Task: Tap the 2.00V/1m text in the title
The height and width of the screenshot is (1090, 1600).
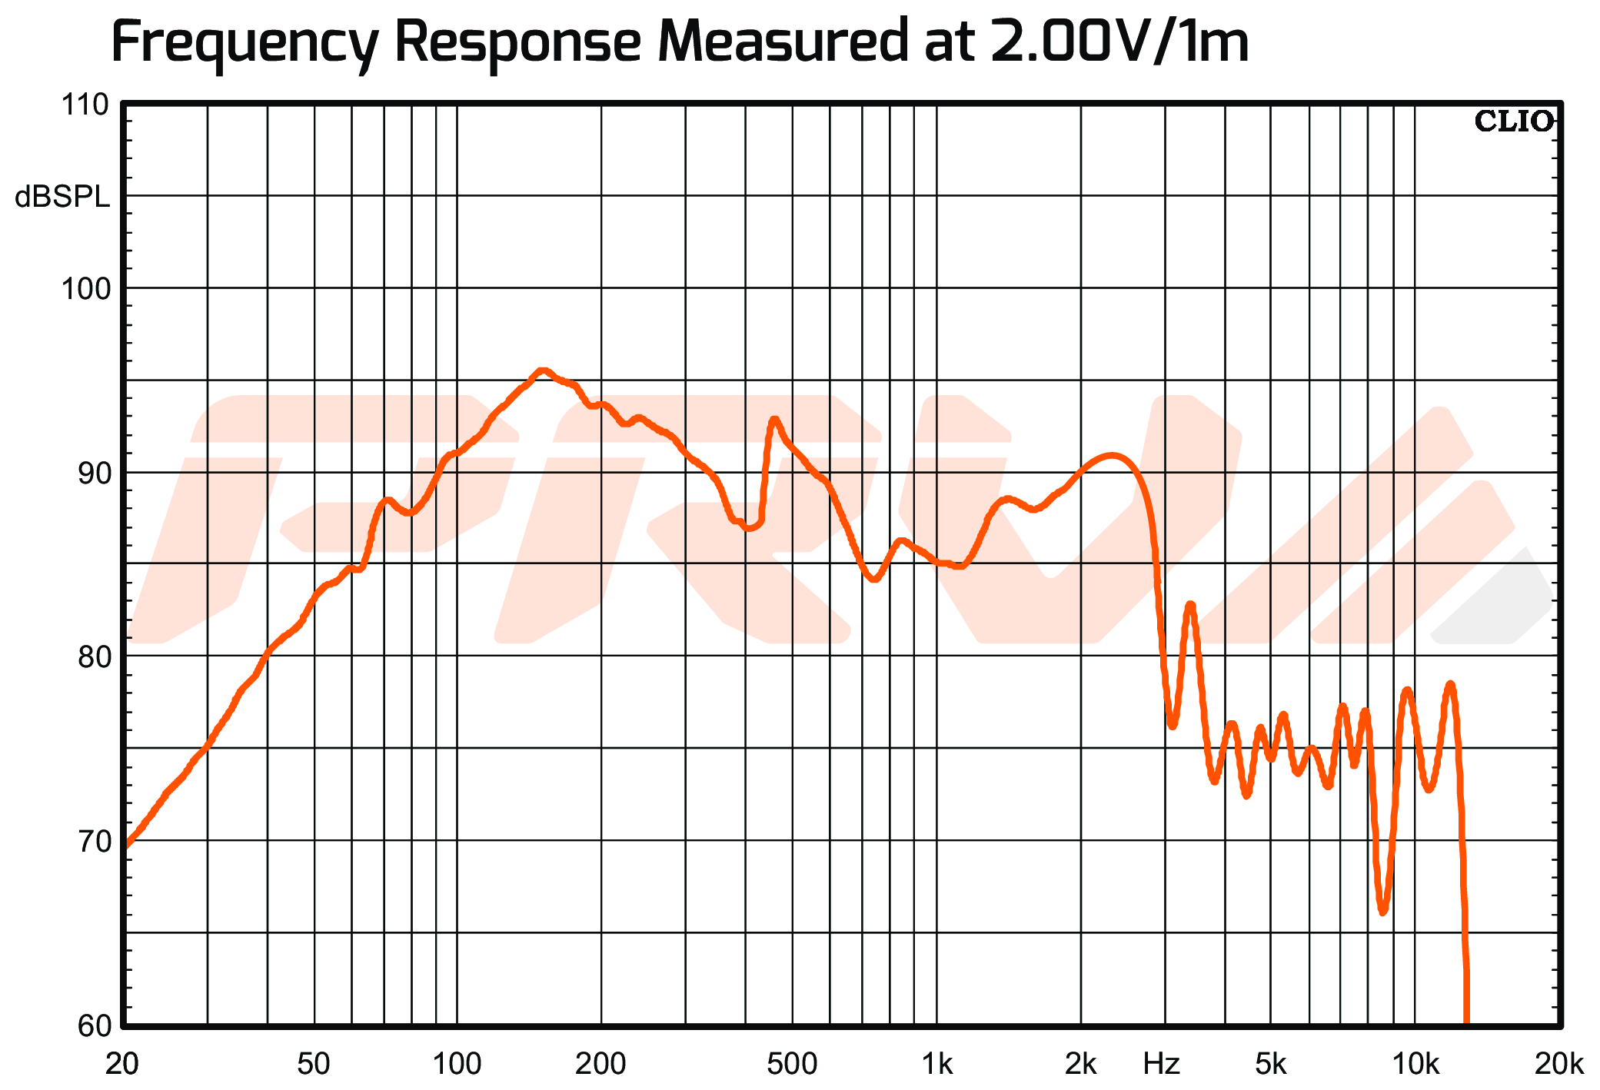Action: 1119,42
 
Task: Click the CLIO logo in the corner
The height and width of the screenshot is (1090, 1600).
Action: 1513,121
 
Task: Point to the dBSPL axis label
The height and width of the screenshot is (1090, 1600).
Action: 62,198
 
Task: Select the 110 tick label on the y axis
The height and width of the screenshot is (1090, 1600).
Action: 85,105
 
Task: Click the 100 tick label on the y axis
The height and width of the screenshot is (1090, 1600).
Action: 85,289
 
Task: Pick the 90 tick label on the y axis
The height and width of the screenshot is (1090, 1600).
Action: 92,473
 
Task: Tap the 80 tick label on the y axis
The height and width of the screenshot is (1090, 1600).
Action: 92,657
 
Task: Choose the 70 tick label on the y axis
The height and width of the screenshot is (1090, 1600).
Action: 92,841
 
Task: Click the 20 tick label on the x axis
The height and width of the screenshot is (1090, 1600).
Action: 122,1065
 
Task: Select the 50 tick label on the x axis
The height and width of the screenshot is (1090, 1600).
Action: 314,1065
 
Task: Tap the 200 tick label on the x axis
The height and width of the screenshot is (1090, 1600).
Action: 600,1065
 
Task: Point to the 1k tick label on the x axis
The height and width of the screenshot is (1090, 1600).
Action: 936,1065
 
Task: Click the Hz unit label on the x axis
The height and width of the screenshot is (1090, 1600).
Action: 1161,1065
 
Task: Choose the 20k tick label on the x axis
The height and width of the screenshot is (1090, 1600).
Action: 1558,1065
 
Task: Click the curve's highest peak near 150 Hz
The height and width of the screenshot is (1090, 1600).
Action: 543,371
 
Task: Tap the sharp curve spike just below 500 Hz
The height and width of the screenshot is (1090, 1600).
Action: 773,420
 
